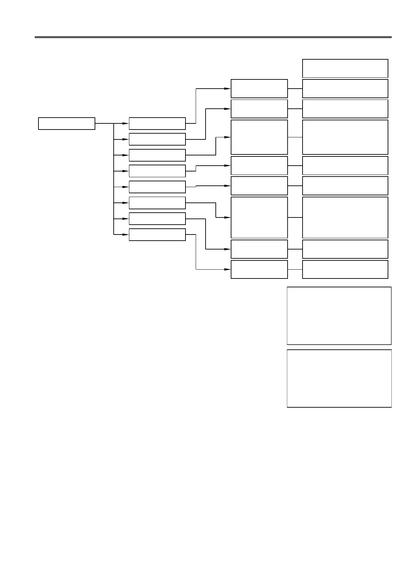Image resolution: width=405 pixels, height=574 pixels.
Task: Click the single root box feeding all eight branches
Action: coord(66,123)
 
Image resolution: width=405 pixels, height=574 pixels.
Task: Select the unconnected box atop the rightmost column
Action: coord(345,68)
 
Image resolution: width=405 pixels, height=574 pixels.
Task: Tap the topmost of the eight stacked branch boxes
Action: coord(157,123)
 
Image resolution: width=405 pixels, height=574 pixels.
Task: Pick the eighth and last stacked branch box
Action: coord(157,235)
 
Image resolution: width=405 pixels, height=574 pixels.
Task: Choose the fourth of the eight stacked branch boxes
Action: coord(157,171)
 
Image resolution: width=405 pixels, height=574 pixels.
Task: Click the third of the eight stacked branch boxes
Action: coord(157,155)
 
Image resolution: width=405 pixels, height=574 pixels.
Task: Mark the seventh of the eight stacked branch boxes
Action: coord(157,218)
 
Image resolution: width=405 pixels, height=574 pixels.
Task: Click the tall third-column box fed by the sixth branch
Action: coord(259,217)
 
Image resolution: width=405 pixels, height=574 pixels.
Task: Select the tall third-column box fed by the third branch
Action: coord(259,137)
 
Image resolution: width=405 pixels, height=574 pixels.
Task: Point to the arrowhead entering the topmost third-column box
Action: coord(228,89)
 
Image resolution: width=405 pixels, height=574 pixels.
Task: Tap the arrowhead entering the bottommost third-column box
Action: coord(228,269)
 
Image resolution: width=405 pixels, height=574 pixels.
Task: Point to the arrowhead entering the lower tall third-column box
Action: coord(228,217)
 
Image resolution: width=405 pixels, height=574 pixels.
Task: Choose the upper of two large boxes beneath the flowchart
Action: coord(339,316)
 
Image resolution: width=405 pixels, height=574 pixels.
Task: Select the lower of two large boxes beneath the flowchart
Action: coord(339,378)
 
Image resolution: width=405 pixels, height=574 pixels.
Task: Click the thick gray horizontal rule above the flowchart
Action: coord(213,37)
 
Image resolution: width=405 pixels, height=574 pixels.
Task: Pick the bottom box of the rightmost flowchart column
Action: coord(345,269)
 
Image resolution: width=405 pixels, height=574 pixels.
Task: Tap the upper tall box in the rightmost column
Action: coord(345,137)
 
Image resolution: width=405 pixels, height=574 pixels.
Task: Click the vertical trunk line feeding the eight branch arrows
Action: coord(113,179)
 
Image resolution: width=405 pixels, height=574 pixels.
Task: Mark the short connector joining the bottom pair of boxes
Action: coord(295,269)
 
